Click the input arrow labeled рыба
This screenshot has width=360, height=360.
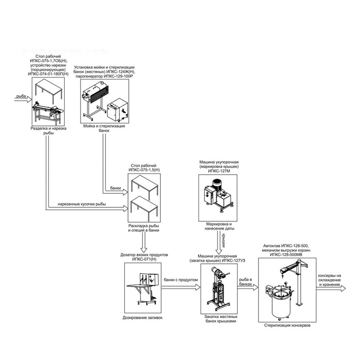pyautogui.click(x=23, y=99)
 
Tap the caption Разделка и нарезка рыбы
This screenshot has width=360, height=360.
pyautogui.click(x=48, y=131)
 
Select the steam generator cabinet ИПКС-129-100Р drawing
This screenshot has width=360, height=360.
pyautogui.click(x=117, y=110)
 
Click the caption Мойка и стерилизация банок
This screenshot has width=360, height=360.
pyautogui.click(x=104, y=128)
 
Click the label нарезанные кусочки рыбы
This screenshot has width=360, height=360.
pyautogui.click(x=82, y=204)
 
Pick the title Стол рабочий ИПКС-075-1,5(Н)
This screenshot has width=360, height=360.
pyautogui.click(x=144, y=168)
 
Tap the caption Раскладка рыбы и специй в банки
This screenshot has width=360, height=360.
pyautogui.click(x=144, y=228)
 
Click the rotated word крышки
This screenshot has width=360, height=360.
pyautogui.click(x=223, y=240)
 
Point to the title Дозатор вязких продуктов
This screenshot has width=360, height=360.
pyautogui.click(x=144, y=255)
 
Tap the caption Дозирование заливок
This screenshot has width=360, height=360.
pyautogui.click(x=143, y=318)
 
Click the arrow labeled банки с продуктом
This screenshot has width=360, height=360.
pyautogui.click(x=181, y=287)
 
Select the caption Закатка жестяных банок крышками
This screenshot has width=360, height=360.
pyautogui.click(x=221, y=319)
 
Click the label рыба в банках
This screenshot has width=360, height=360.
pyautogui.click(x=245, y=282)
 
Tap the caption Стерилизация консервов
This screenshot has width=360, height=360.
pyautogui.click(x=287, y=325)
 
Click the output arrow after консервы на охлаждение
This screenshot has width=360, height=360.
pyautogui.click(x=331, y=288)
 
